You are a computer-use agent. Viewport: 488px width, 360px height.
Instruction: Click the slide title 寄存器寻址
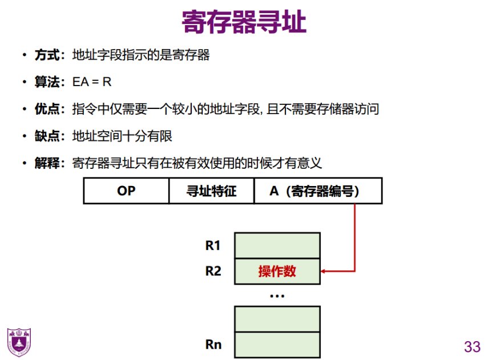[244, 23]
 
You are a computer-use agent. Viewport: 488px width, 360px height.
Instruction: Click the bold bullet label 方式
[47, 55]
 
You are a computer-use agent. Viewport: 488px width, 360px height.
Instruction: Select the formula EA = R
[92, 82]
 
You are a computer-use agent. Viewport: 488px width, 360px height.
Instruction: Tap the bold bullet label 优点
[47, 109]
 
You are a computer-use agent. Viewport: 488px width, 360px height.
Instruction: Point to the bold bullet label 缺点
[47, 136]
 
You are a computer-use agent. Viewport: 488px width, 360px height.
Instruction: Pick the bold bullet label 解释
[47, 164]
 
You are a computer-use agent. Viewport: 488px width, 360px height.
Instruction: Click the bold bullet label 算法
[47, 82]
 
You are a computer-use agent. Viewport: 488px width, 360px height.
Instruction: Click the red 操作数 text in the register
[277, 271]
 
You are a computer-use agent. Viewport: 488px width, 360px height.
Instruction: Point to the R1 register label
[213, 246]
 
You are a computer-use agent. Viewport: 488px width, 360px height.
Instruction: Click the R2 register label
[213, 271]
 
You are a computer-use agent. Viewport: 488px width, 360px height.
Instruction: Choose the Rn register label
[213, 345]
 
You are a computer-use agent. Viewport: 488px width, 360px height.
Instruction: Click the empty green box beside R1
[277, 245]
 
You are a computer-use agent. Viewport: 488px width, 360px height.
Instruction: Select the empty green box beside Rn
[277, 345]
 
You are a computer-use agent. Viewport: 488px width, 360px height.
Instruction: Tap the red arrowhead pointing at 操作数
[325, 271]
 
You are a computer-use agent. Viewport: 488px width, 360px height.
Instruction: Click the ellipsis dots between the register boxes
[277, 296]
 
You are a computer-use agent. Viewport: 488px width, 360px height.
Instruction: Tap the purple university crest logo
[19, 342]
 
